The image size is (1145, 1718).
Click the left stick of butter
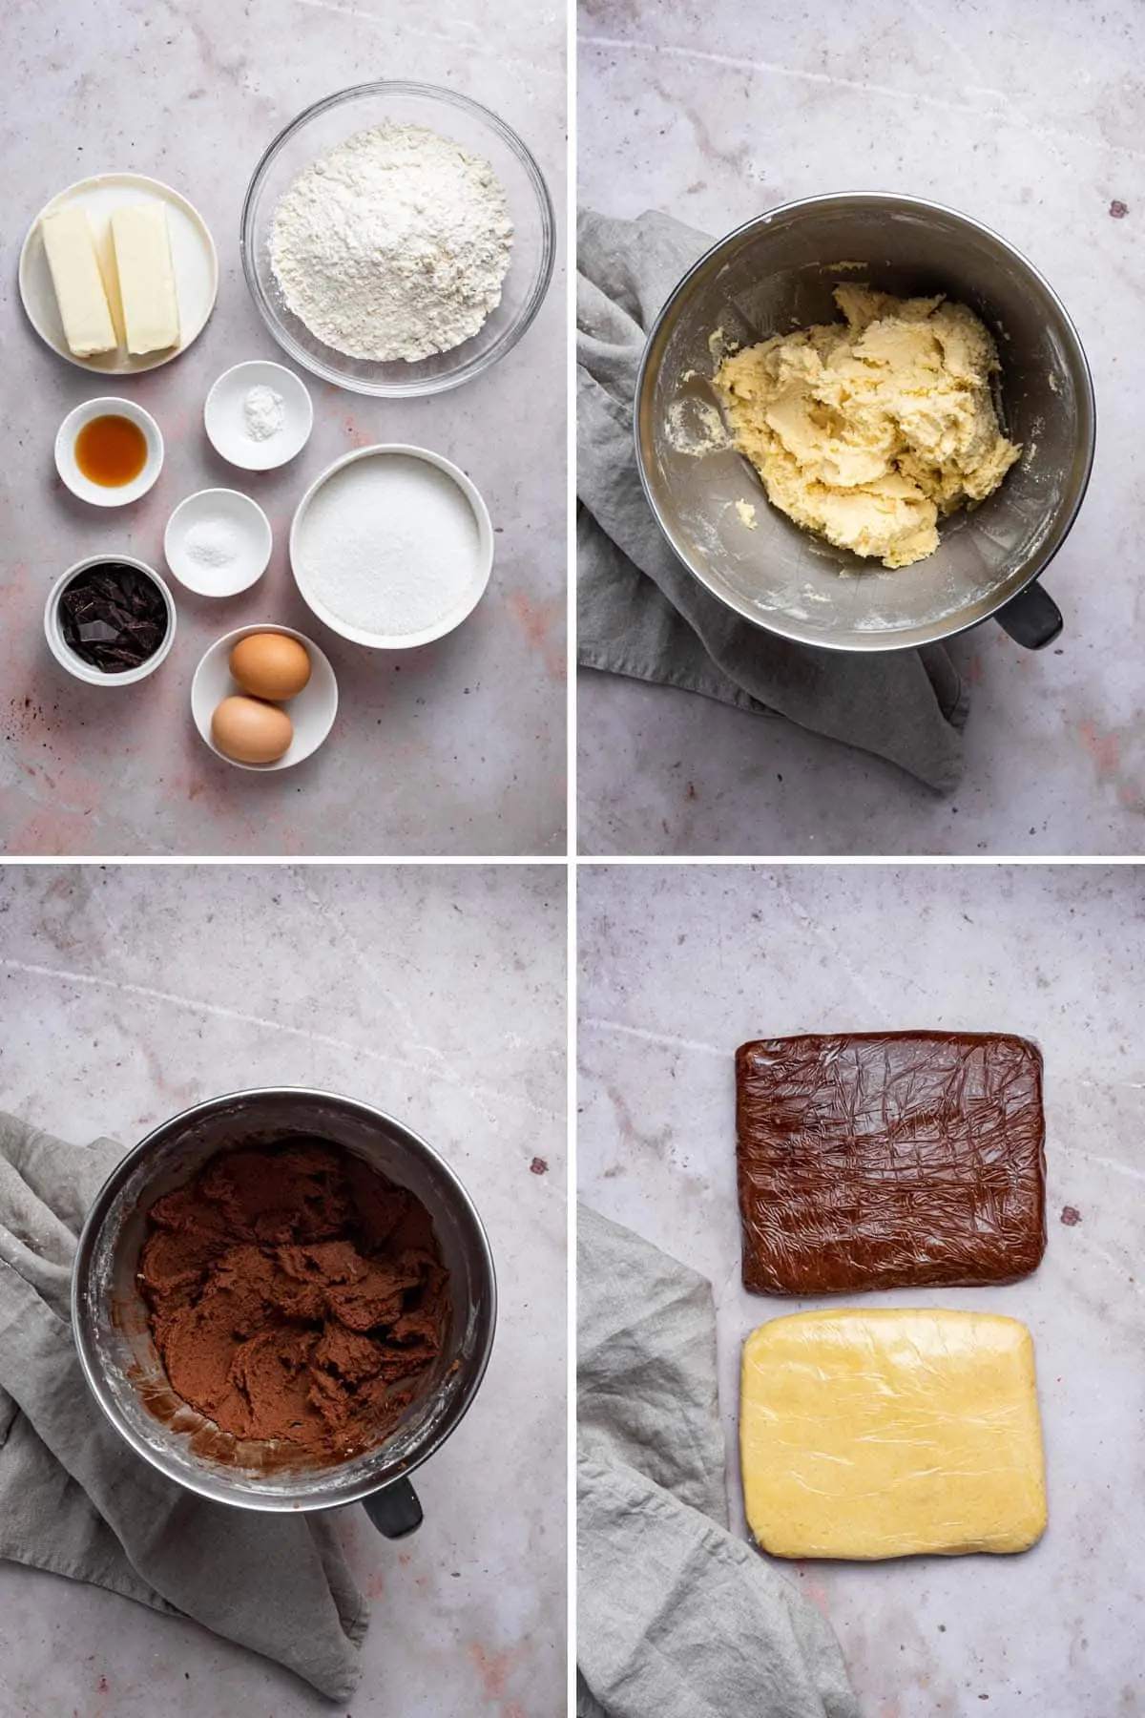tap(78, 283)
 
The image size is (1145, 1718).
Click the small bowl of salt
tap(217, 542)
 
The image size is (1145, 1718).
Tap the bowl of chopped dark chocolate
tap(111, 618)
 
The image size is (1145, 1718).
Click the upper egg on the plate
tap(270, 666)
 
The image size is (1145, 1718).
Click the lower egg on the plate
tap(252, 728)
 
